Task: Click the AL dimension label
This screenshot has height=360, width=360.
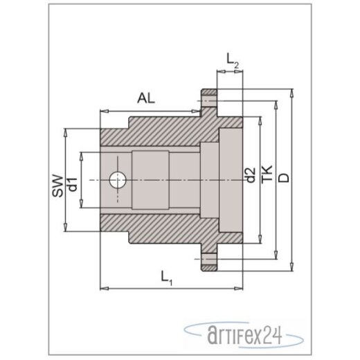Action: pos(146,98)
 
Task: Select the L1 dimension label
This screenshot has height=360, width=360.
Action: pos(166,278)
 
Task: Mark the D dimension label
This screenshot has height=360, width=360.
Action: pos(282,177)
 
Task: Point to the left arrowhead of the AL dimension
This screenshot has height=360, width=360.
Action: pos(104,110)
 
